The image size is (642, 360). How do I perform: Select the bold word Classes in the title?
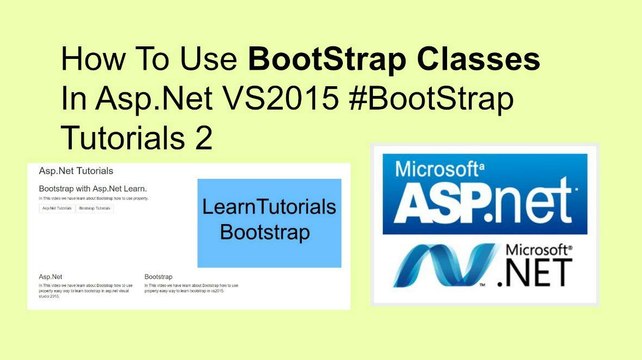[476, 60]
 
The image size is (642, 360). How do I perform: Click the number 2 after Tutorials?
[203, 137]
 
